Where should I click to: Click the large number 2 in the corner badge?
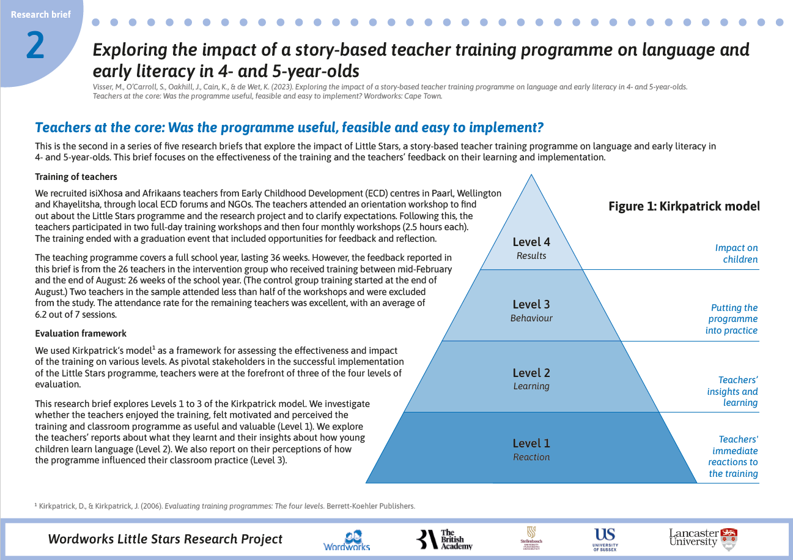tap(35, 45)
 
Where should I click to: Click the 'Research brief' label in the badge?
tap(41, 15)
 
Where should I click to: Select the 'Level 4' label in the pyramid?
tap(531, 242)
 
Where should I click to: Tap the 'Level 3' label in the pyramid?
tap(531, 304)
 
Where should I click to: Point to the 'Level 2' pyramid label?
tap(531, 373)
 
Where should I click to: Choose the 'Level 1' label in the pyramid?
tap(531, 443)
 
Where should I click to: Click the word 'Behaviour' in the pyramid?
tap(531, 318)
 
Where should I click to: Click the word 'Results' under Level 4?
tap(531, 256)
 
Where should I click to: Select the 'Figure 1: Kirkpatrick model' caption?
tap(684, 206)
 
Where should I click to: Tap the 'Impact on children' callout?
tap(737, 253)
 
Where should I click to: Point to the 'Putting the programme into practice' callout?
tap(732, 319)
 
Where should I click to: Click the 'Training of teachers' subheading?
tap(76, 177)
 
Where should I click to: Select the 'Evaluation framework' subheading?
tap(80, 334)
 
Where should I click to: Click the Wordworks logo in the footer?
tap(347, 540)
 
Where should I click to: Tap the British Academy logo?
tap(444, 539)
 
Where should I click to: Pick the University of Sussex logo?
tap(605, 540)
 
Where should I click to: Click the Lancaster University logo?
tap(703, 539)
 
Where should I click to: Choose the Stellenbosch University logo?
tap(531, 539)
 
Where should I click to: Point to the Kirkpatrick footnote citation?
tap(225, 506)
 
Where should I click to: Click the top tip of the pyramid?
tap(531, 174)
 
